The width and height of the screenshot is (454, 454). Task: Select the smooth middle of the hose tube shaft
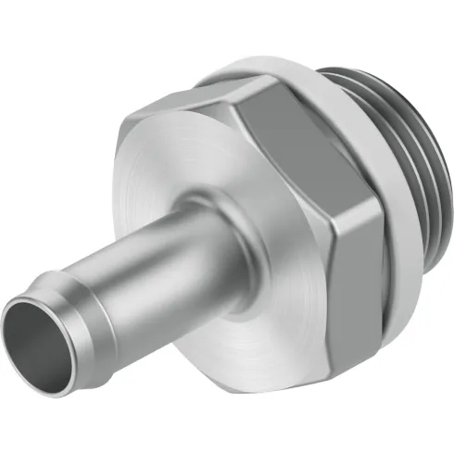(x=158, y=264)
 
